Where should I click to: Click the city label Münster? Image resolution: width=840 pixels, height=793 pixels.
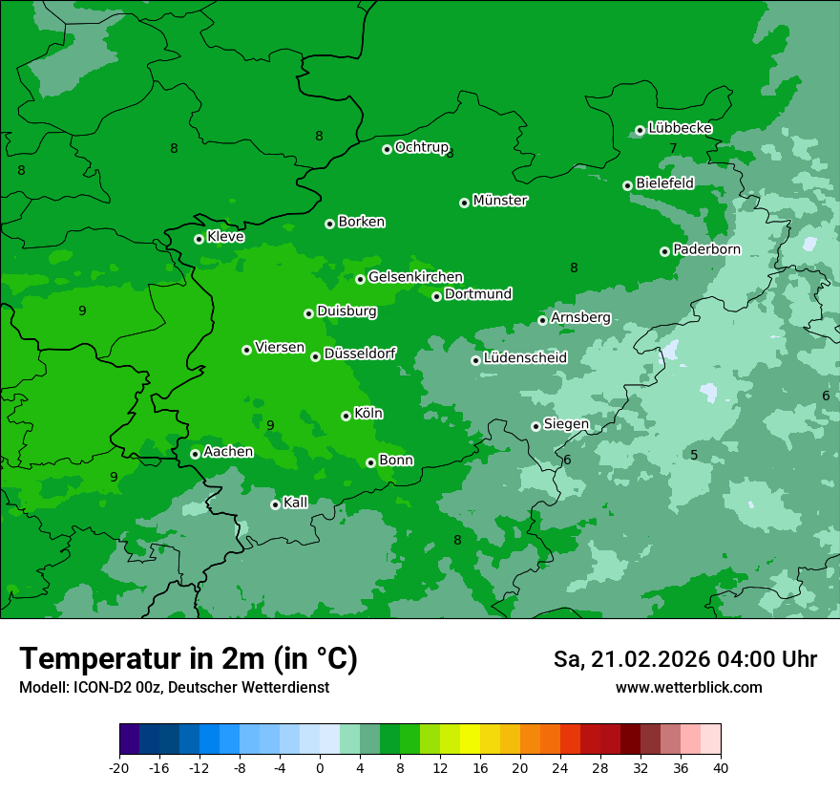(x=500, y=201)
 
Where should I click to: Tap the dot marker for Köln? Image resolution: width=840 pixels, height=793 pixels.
(x=346, y=416)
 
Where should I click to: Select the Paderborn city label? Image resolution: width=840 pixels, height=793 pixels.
(x=706, y=249)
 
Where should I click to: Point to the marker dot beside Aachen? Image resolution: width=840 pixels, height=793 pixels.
(x=195, y=454)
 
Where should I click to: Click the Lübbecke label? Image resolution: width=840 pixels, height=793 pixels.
(x=680, y=128)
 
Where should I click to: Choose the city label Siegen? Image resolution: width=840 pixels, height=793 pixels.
(x=566, y=424)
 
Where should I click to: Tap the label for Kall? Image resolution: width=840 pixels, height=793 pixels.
(x=296, y=503)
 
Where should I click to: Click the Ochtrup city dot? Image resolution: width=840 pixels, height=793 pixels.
(x=387, y=149)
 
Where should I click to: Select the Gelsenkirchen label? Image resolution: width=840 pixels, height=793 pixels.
(x=415, y=277)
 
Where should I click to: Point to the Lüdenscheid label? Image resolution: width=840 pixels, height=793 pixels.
(x=525, y=358)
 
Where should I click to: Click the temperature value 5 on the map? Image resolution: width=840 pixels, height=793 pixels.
(x=694, y=456)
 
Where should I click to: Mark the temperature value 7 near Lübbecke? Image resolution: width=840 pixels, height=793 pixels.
(x=673, y=148)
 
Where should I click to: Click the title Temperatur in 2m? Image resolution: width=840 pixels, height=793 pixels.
(x=188, y=658)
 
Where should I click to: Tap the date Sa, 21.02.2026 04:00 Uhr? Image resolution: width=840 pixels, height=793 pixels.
(x=684, y=659)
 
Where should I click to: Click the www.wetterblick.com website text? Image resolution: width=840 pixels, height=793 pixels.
(x=688, y=687)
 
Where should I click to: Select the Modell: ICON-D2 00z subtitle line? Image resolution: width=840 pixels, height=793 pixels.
(x=174, y=687)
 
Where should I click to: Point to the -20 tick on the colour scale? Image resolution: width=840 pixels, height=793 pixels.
(x=119, y=767)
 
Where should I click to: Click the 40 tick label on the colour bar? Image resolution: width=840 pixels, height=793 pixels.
(x=720, y=767)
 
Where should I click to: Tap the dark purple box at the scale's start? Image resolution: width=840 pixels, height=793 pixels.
(x=130, y=739)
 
